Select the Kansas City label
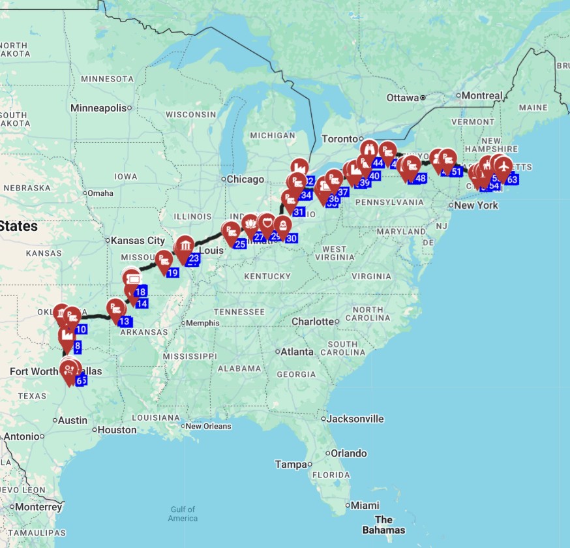click(x=138, y=241)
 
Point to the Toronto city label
click(x=339, y=139)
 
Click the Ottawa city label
click(x=402, y=98)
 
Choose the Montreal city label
click(x=482, y=95)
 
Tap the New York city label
click(x=476, y=205)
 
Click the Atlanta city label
click(x=297, y=352)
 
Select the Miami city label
click(x=365, y=505)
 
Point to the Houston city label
click(x=117, y=430)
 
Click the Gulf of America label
click(x=183, y=513)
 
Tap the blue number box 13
click(x=125, y=321)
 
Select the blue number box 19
click(x=172, y=273)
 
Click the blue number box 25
click(x=240, y=244)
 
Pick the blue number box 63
click(x=512, y=179)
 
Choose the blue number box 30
click(x=291, y=238)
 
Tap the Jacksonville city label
click(x=355, y=419)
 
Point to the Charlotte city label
click(x=312, y=322)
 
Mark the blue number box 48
click(x=420, y=178)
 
